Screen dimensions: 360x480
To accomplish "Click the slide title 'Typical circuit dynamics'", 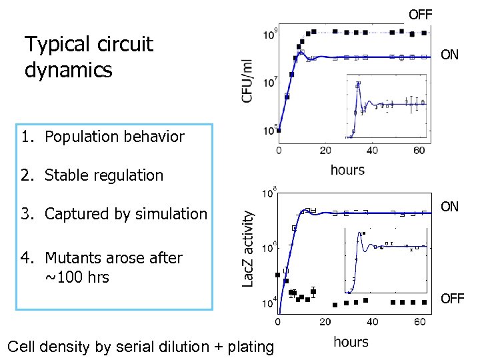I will coord(89,57).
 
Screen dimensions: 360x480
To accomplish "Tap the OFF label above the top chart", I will coord(420,14).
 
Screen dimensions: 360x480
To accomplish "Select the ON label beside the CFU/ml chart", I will coord(450,55).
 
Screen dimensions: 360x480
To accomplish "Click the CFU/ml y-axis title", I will coord(247,81).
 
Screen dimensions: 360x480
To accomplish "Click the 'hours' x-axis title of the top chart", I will coord(347,169).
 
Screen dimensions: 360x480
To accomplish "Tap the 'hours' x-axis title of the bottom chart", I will coord(351,342).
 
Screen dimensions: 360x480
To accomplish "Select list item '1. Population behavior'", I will coord(102,137).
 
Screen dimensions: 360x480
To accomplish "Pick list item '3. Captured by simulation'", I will coord(114,214).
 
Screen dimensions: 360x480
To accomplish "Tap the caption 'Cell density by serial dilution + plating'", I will coord(140,347).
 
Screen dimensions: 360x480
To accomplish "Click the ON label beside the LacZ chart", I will coord(450,207).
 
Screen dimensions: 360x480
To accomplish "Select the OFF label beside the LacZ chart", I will coord(452,298).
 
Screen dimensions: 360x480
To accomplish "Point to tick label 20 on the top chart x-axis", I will coord(325,151).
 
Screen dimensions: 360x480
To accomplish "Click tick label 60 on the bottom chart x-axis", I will coord(420,323).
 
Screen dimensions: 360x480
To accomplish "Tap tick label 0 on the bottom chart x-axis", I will coord(278,323).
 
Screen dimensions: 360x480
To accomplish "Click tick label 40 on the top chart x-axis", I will coord(372,151).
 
